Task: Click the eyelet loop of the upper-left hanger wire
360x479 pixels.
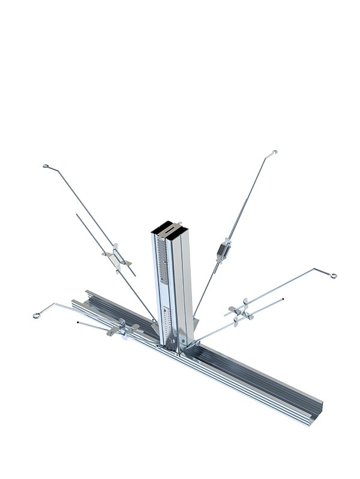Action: [x=46, y=167]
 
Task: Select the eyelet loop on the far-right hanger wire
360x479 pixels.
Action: [x=332, y=276]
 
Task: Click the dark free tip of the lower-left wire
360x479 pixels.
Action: [x=78, y=324]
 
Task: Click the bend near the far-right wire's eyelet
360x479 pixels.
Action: [x=314, y=269]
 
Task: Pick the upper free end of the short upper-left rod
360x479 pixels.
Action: [x=77, y=214]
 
